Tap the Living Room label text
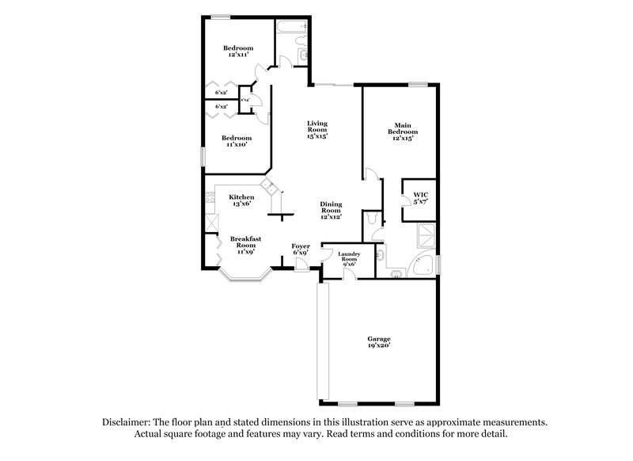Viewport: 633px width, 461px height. coord(317,129)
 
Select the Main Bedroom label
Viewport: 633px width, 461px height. coord(403,131)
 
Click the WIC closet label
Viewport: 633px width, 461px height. coord(419,198)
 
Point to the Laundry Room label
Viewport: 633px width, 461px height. coord(349,257)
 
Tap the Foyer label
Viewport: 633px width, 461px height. coord(301,250)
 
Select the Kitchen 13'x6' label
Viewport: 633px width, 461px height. coord(241,200)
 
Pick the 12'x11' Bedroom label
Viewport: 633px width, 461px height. coord(237,52)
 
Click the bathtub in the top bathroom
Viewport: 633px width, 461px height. coord(289,29)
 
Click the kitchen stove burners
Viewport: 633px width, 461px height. coord(210,208)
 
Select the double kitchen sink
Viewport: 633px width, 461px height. coord(269,188)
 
